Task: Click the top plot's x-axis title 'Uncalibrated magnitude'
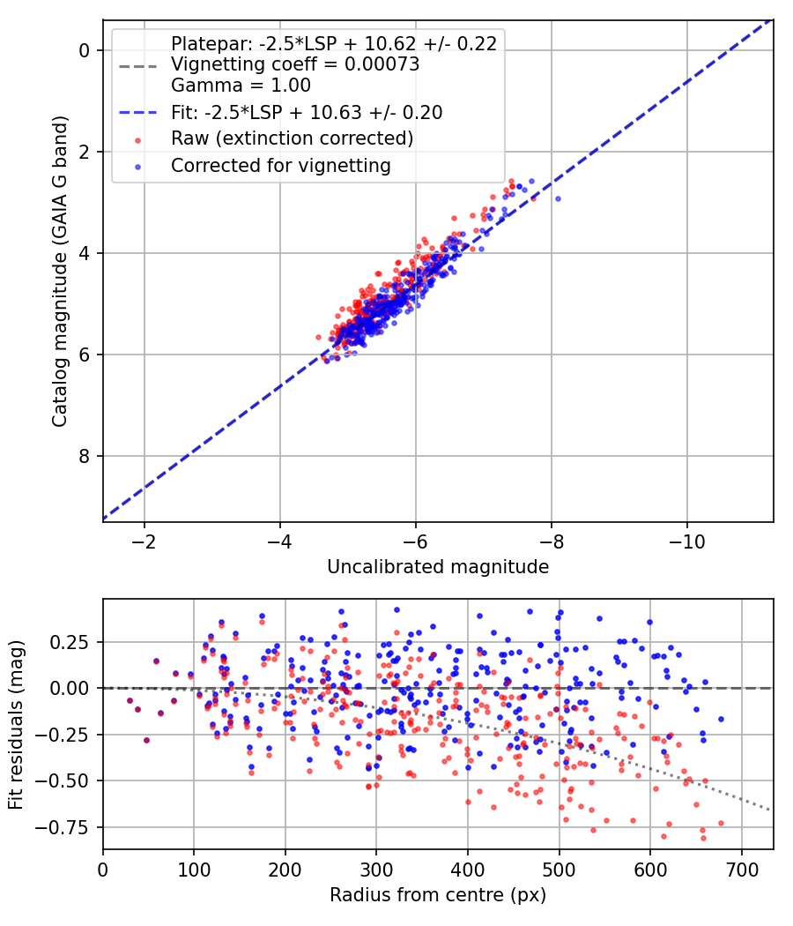click(438, 567)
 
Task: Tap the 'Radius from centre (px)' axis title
click(438, 895)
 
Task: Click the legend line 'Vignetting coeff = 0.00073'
click(295, 64)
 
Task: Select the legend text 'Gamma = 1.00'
click(241, 86)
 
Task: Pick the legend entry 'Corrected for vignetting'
click(281, 165)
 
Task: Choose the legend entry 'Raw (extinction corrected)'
click(293, 138)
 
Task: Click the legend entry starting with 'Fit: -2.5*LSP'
click(307, 112)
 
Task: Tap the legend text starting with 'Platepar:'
click(334, 43)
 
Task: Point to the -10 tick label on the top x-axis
click(687, 540)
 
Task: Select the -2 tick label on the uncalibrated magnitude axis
click(145, 540)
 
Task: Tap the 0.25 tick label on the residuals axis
click(72, 641)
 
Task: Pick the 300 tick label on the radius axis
click(376, 868)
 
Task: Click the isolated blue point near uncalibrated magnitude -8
click(558, 198)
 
